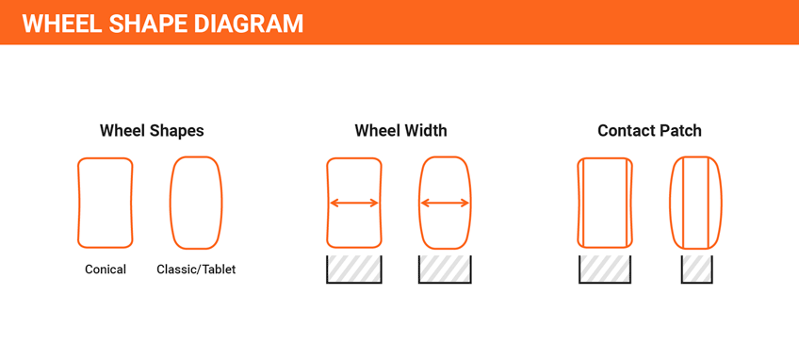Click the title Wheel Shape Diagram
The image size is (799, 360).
pyautogui.click(x=162, y=24)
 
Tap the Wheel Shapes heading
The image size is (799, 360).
pyautogui.click(x=152, y=131)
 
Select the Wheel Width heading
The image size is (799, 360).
pyautogui.click(x=400, y=131)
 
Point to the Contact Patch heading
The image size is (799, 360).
pyautogui.click(x=649, y=131)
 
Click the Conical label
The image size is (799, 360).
pyautogui.click(x=106, y=270)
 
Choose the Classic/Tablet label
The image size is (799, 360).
pyautogui.click(x=196, y=270)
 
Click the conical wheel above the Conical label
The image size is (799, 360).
pyautogui.click(x=106, y=203)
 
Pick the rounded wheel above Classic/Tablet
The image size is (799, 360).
pyautogui.click(x=196, y=203)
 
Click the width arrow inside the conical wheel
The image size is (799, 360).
pyautogui.click(x=354, y=203)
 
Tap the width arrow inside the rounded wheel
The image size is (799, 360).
pyautogui.click(x=445, y=203)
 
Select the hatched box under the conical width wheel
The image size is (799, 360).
pyautogui.click(x=354, y=270)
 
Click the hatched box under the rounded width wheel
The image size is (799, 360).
pyautogui.click(x=445, y=270)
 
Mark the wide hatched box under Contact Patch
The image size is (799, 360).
pyautogui.click(x=605, y=270)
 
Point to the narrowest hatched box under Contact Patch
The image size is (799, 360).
pyautogui.click(x=696, y=270)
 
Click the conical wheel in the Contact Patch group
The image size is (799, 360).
pyautogui.click(x=605, y=203)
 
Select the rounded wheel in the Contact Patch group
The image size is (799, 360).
pyautogui.click(x=696, y=203)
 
